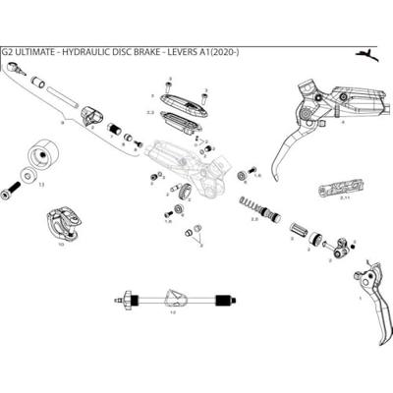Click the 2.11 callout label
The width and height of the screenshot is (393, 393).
click(344, 199)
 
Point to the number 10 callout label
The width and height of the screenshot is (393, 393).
click(61, 244)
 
